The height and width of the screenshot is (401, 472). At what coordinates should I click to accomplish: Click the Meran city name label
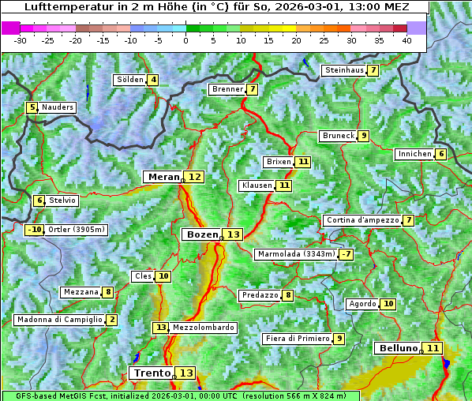point(163,177)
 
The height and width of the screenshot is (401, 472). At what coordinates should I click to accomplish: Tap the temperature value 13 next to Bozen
point(233,234)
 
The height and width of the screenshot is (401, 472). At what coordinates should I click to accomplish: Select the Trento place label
point(152,373)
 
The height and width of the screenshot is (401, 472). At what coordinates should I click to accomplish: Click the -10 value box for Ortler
point(35,230)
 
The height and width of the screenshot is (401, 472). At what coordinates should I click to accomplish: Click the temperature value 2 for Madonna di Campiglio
point(112,320)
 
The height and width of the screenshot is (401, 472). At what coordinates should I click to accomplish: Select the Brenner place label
point(227,89)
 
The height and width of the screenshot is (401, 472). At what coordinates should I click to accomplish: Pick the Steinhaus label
point(343,70)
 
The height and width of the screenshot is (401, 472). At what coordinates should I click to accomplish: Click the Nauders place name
point(58,107)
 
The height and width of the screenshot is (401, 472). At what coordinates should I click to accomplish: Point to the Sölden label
point(130,80)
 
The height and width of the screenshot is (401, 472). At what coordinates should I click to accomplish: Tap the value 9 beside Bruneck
point(363,136)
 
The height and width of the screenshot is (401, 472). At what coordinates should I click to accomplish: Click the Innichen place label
point(414,154)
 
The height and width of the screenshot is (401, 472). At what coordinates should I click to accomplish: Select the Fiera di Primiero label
point(297,339)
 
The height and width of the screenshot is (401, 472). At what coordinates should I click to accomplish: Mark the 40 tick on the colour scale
point(406,40)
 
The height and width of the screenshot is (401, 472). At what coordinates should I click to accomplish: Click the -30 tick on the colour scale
point(21,40)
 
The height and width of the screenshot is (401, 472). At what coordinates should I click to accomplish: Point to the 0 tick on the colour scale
point(186,40)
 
